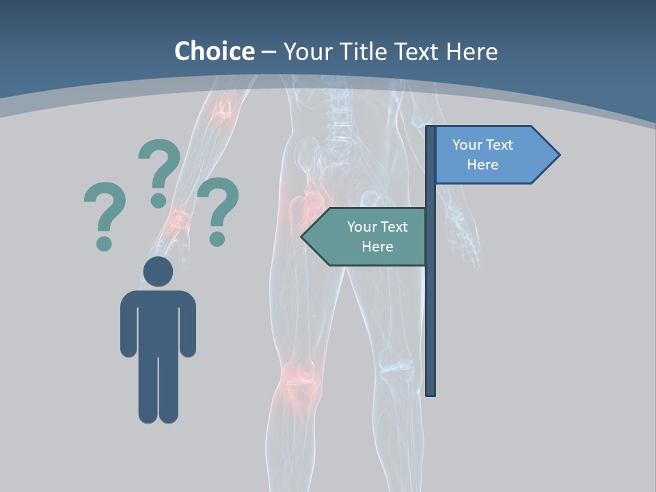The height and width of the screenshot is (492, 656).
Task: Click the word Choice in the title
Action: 214,51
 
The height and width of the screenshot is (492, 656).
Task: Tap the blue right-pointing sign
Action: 492,155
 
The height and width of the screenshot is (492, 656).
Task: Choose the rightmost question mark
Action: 218,209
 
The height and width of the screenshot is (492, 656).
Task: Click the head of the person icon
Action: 158,271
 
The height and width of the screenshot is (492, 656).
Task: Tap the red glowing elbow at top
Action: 223,109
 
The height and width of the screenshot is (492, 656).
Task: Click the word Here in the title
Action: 471,51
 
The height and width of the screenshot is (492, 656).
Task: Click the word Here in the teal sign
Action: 377,247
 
